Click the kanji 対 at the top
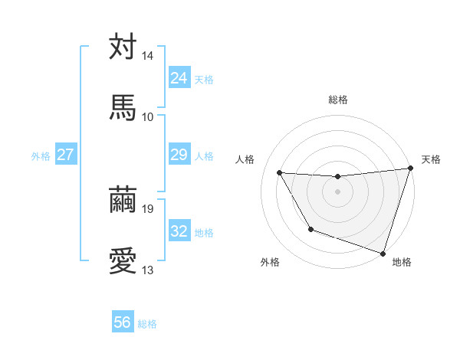click(x=123, y=47)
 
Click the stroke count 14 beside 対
click(x=148, y=57)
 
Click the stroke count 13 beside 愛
click(x=148, y=270)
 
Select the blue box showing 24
click(x=179, y=78)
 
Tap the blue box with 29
click(x=179, y=155)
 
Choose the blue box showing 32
click(x=179, y=231)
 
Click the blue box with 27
click(x=65, y=155)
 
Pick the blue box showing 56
click(x=123, y=322)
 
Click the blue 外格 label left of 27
click(x=41, y=156)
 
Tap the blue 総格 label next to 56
click(x=147, y=324)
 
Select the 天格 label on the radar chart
click(x=431, y=159)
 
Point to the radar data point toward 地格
click(x=383, y=253)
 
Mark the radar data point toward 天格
click(x=409, y=169)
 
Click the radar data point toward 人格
click(x=280, y=173)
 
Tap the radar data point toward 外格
click(x=310, y=229)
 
